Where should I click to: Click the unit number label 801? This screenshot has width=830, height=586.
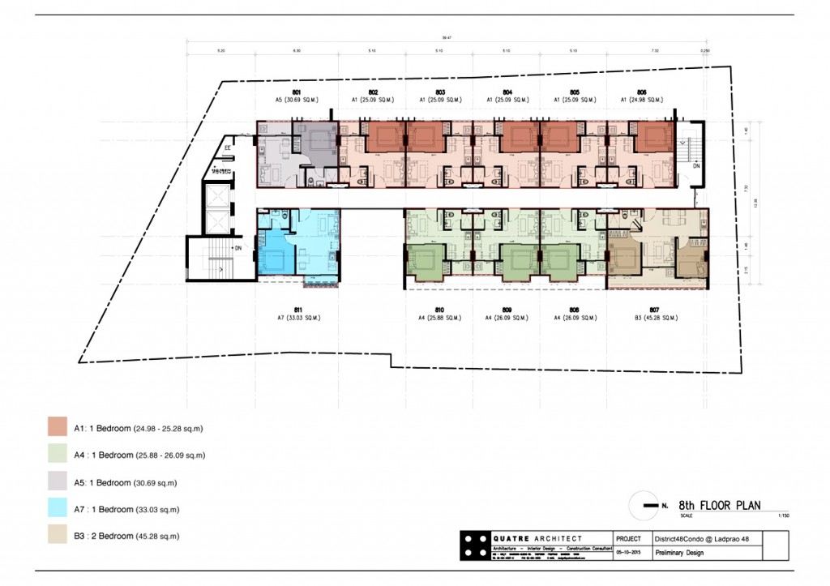297,92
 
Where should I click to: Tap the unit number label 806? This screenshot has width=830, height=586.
641,92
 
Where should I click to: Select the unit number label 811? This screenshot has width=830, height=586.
298,310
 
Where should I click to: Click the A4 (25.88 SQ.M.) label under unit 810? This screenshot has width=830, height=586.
439,318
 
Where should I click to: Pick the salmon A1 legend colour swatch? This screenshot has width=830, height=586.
57,427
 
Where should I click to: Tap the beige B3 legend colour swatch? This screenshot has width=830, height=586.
57,536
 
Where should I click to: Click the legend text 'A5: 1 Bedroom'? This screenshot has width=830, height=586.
102,482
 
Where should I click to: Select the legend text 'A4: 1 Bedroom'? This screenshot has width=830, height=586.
102,455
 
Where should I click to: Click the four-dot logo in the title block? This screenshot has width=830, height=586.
474,545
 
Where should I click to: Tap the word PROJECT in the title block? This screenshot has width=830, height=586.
628,538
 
